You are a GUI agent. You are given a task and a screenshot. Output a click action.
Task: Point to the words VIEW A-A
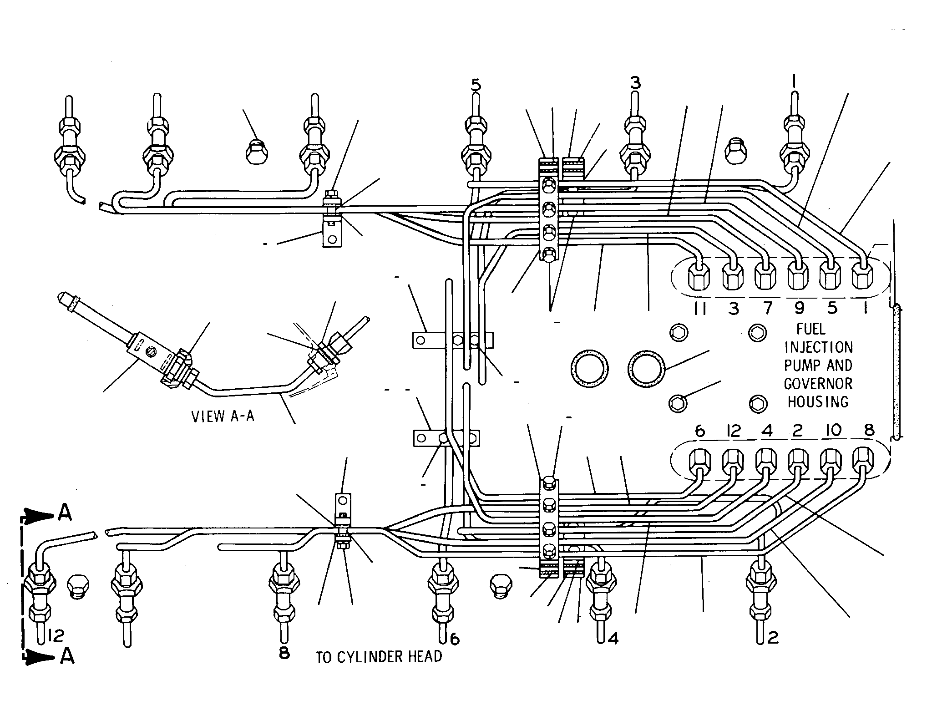[223, 416]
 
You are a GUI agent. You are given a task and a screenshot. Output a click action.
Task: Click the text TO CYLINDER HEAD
[379, 656]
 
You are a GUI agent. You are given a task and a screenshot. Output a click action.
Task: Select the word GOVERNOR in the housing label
[818, 383]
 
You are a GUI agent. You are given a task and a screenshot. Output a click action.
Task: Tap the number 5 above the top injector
[476, 85]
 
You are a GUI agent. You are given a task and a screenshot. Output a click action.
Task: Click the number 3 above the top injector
[635, 83]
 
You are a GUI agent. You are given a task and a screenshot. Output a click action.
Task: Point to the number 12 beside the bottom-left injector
[56, 635]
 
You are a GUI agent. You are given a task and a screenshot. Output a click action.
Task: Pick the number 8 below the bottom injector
[284, 653]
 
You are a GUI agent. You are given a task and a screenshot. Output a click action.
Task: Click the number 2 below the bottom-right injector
[773, 637]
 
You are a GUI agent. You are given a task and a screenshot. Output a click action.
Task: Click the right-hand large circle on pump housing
[646, 369]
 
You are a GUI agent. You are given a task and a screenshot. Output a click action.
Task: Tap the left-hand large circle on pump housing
[590, 369]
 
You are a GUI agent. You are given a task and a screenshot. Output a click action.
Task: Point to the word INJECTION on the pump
[818, 347]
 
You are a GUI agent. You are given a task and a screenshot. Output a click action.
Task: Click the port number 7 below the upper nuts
[767, 308]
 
